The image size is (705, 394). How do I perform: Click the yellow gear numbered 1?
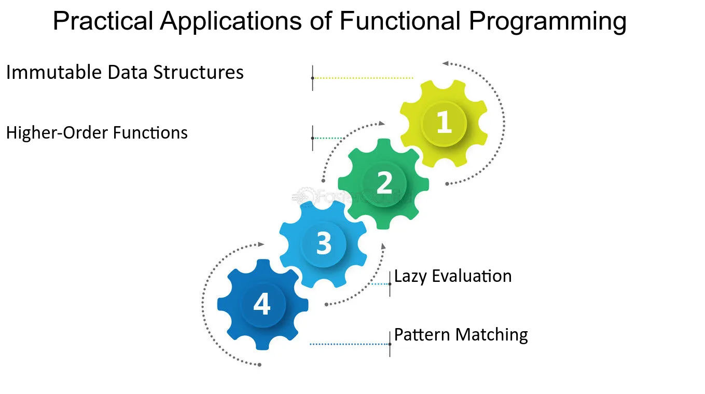[x=444, y=123]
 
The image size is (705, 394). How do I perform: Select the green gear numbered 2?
[x=383, y=184]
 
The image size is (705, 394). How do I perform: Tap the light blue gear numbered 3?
[x=323, y=243]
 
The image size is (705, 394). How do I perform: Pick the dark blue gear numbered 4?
[x=262, y=305]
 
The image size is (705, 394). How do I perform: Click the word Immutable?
[x=54, y=72]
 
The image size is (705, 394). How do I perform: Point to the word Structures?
[x=198, y=72]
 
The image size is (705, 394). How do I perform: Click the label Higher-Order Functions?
[x=97, y=132]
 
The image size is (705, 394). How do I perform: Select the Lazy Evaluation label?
[x=453, y=276]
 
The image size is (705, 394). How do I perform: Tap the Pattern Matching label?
[x=461, y=335]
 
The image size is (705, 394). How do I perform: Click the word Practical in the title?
[x=103, y=21]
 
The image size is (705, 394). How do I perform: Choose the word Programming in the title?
[x=548, y=21]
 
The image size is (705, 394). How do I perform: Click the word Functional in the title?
[x=400, y=21]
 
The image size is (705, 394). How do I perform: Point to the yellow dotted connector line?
[x=363, y=78]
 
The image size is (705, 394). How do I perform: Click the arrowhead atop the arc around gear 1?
[x=445, y=63]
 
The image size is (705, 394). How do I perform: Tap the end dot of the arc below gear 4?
[x=259, y=365]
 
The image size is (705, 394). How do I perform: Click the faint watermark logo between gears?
[x=351, y=196]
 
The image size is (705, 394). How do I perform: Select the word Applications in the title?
[x=231, y=21]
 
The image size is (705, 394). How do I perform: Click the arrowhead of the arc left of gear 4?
[x=261, y=244]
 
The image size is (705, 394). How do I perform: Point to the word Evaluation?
[x=472, y=276]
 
